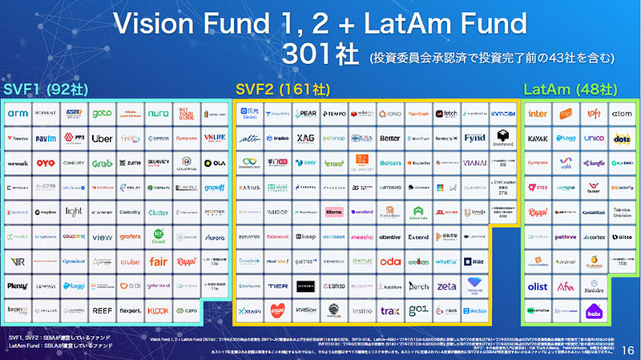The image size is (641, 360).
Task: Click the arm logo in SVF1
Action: click(18, 114)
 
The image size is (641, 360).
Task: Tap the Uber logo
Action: click(102, 139)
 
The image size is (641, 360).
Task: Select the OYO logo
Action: click(46, 164)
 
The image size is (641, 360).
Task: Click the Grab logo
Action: click(102, 164)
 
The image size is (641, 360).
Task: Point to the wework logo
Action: click(18, 164)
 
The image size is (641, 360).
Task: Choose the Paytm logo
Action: click(46, 139)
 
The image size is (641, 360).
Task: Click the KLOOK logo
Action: click(158, 309)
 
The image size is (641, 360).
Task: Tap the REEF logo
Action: click(102, 309)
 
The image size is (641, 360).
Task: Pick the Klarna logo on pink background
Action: click(334, 213)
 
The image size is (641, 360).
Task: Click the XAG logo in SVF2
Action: click(304, 139)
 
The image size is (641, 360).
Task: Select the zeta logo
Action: click(446, 286)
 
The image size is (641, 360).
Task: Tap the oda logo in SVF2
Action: click(390, 261)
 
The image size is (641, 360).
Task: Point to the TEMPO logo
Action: click(334, 114)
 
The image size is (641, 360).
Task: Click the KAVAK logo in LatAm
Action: click(538, 139)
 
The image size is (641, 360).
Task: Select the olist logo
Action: click(538, 286)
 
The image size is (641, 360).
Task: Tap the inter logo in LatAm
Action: click(538, 114)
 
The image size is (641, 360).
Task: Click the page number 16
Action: click(626, 350)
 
